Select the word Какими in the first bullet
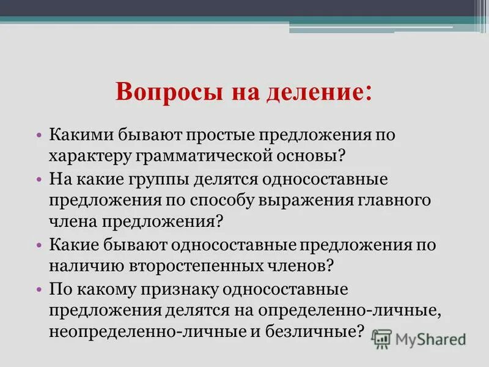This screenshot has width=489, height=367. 78,135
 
